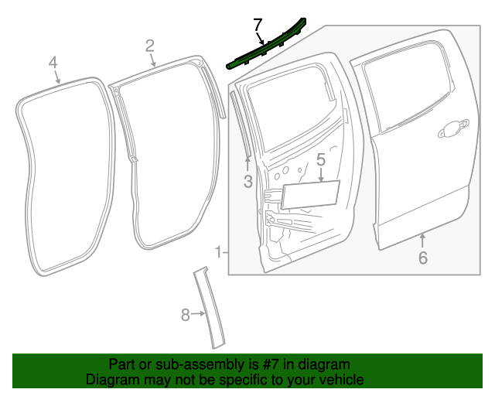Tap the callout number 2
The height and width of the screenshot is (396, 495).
[x=150, y=46]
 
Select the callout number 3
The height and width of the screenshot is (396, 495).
[x=247, y=182]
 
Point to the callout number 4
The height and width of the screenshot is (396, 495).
[x=53, y=63]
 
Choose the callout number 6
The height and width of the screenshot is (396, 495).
[x=422, y=258]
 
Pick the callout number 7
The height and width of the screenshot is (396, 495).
[x=258, y=26]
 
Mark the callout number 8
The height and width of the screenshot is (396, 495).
[x=185, y=314]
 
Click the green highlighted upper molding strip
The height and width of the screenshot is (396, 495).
[x=267, y=48]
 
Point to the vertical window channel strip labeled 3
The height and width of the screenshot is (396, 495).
[x=240, y=124]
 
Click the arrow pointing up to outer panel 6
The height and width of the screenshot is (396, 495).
[x=422, y=238]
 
